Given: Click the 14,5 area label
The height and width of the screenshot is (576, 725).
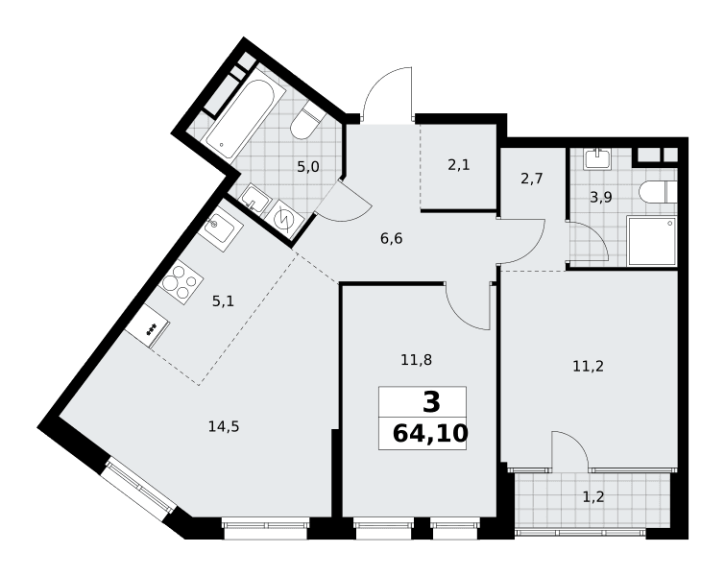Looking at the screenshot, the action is pyautogui.click(x=224, y=426).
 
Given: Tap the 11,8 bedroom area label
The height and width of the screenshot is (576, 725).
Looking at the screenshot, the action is pyautogui.click(x=416, y=359).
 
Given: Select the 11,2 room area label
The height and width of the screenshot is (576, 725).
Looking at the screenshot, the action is pyautogui.click(x=588, y=367).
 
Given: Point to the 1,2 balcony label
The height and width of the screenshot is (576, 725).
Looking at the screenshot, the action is pyautogui.click(x=593, y=497).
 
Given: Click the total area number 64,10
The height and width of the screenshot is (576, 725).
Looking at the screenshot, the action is pyautogui.click(x=430, y=434).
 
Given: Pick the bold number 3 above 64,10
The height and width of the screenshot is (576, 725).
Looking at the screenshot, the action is pyautogui.click(x=431, y=402).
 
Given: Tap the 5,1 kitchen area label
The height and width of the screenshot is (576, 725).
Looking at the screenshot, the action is pyautogui.click(x=224, y=301).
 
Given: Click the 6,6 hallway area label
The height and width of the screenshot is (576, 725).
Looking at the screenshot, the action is pyautogui.click(x=391, y=238).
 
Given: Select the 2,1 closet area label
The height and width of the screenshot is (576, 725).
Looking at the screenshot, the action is pyautogui.click(x=459, y=164).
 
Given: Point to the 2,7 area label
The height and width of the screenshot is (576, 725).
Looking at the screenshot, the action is pyautogui.click(x=532, y=179).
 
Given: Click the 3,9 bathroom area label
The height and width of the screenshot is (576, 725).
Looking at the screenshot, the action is pyautogui.click(x=601, y=198).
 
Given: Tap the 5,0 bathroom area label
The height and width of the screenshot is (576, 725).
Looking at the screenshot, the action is pyautogui.click(x=308, y=166).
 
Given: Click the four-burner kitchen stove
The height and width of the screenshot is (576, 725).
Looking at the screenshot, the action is pyautogui.click(x=181, y=282).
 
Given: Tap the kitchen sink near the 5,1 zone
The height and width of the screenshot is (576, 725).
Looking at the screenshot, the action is pyautogui.click(x=221, y=228).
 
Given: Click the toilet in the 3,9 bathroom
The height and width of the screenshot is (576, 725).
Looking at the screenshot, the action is pyautogui.click(x=659, y=191).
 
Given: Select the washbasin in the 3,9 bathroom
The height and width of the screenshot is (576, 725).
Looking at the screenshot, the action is pyautogui.click(x=598, y=158).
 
